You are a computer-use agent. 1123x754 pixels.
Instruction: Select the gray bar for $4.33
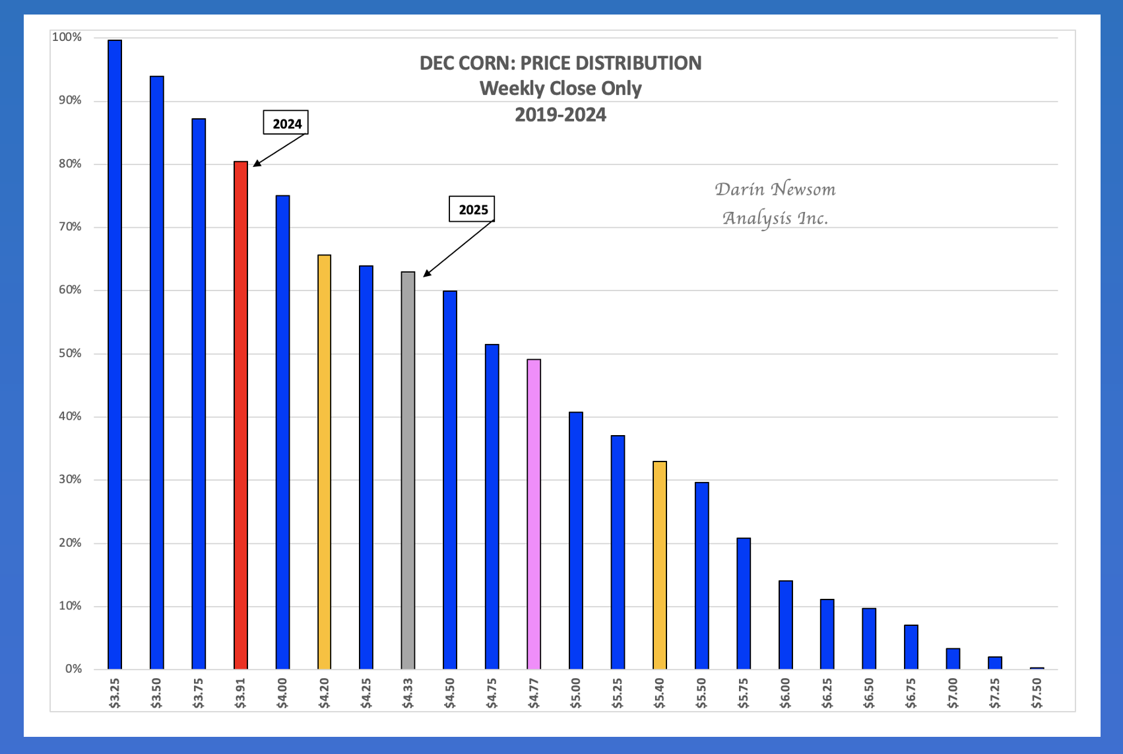pos(408,470)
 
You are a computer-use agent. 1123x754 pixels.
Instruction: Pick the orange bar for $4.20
pos(325,462)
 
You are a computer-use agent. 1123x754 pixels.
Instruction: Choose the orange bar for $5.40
pos(660,565)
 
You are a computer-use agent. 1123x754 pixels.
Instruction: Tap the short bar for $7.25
pos(995,663)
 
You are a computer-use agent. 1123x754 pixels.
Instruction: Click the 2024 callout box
pos(286,123)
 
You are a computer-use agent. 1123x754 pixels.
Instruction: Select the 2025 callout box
pos(472,209)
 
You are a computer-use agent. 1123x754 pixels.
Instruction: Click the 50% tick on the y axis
pos(71,353)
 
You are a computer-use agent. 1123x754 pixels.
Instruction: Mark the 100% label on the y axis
pos(67,37)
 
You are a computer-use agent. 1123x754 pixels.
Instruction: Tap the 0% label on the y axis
pos(73,669)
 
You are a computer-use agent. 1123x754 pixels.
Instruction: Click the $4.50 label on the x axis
pos(450,693)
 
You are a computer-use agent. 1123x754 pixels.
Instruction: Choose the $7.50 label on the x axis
pos(1037,693)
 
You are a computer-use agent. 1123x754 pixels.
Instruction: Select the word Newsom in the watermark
pos(803,189)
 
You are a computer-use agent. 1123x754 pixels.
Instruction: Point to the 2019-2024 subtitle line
pos(560,115)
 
